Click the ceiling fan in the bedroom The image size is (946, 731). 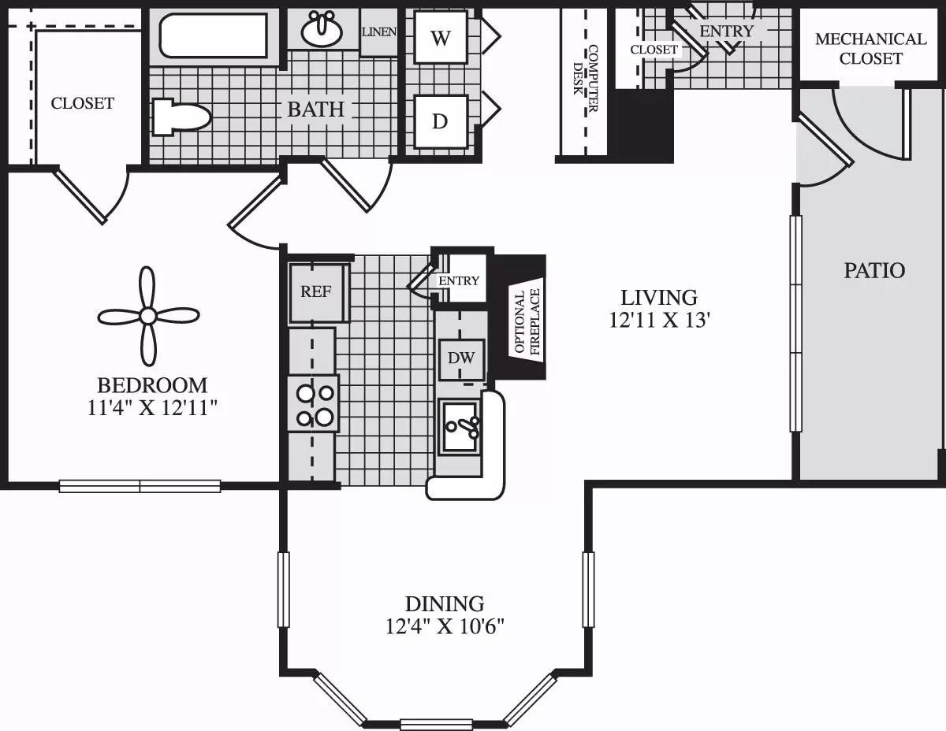pyautogui.click(x=147, y=316)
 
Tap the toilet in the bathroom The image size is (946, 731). pyautogui.click(x=181, y=117)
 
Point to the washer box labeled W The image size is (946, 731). pyautogui.click(x=440, y=38)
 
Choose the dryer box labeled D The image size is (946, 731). pyautogui.click(x=440, y=121)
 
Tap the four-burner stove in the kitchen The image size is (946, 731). pyautogui.click(x=313, y=403)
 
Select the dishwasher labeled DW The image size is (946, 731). pyautogui.click(x=460, y=358)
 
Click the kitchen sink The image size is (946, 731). pyautogui.click(x=460, y=425)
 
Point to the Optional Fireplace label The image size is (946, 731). pyautogui.click(x=526, y=323)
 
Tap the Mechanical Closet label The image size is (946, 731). pyautogui.click(x=870, y=48)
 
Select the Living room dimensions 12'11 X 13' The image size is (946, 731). pyautogui.click(x=659, y=321)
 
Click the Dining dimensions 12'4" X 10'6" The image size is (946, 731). pyautogui.click(x=444, y=627)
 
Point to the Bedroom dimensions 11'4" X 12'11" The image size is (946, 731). pyautogui.click(x=152, y=408)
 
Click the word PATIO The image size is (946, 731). pyautogui.click(x=874, y=270)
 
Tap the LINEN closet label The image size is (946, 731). pyautogui.click(x=378, y=32)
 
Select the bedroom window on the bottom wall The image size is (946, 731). pyautogui.click(x=140, y=486)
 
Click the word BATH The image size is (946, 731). pyautogui.click(x=315, y=109)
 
